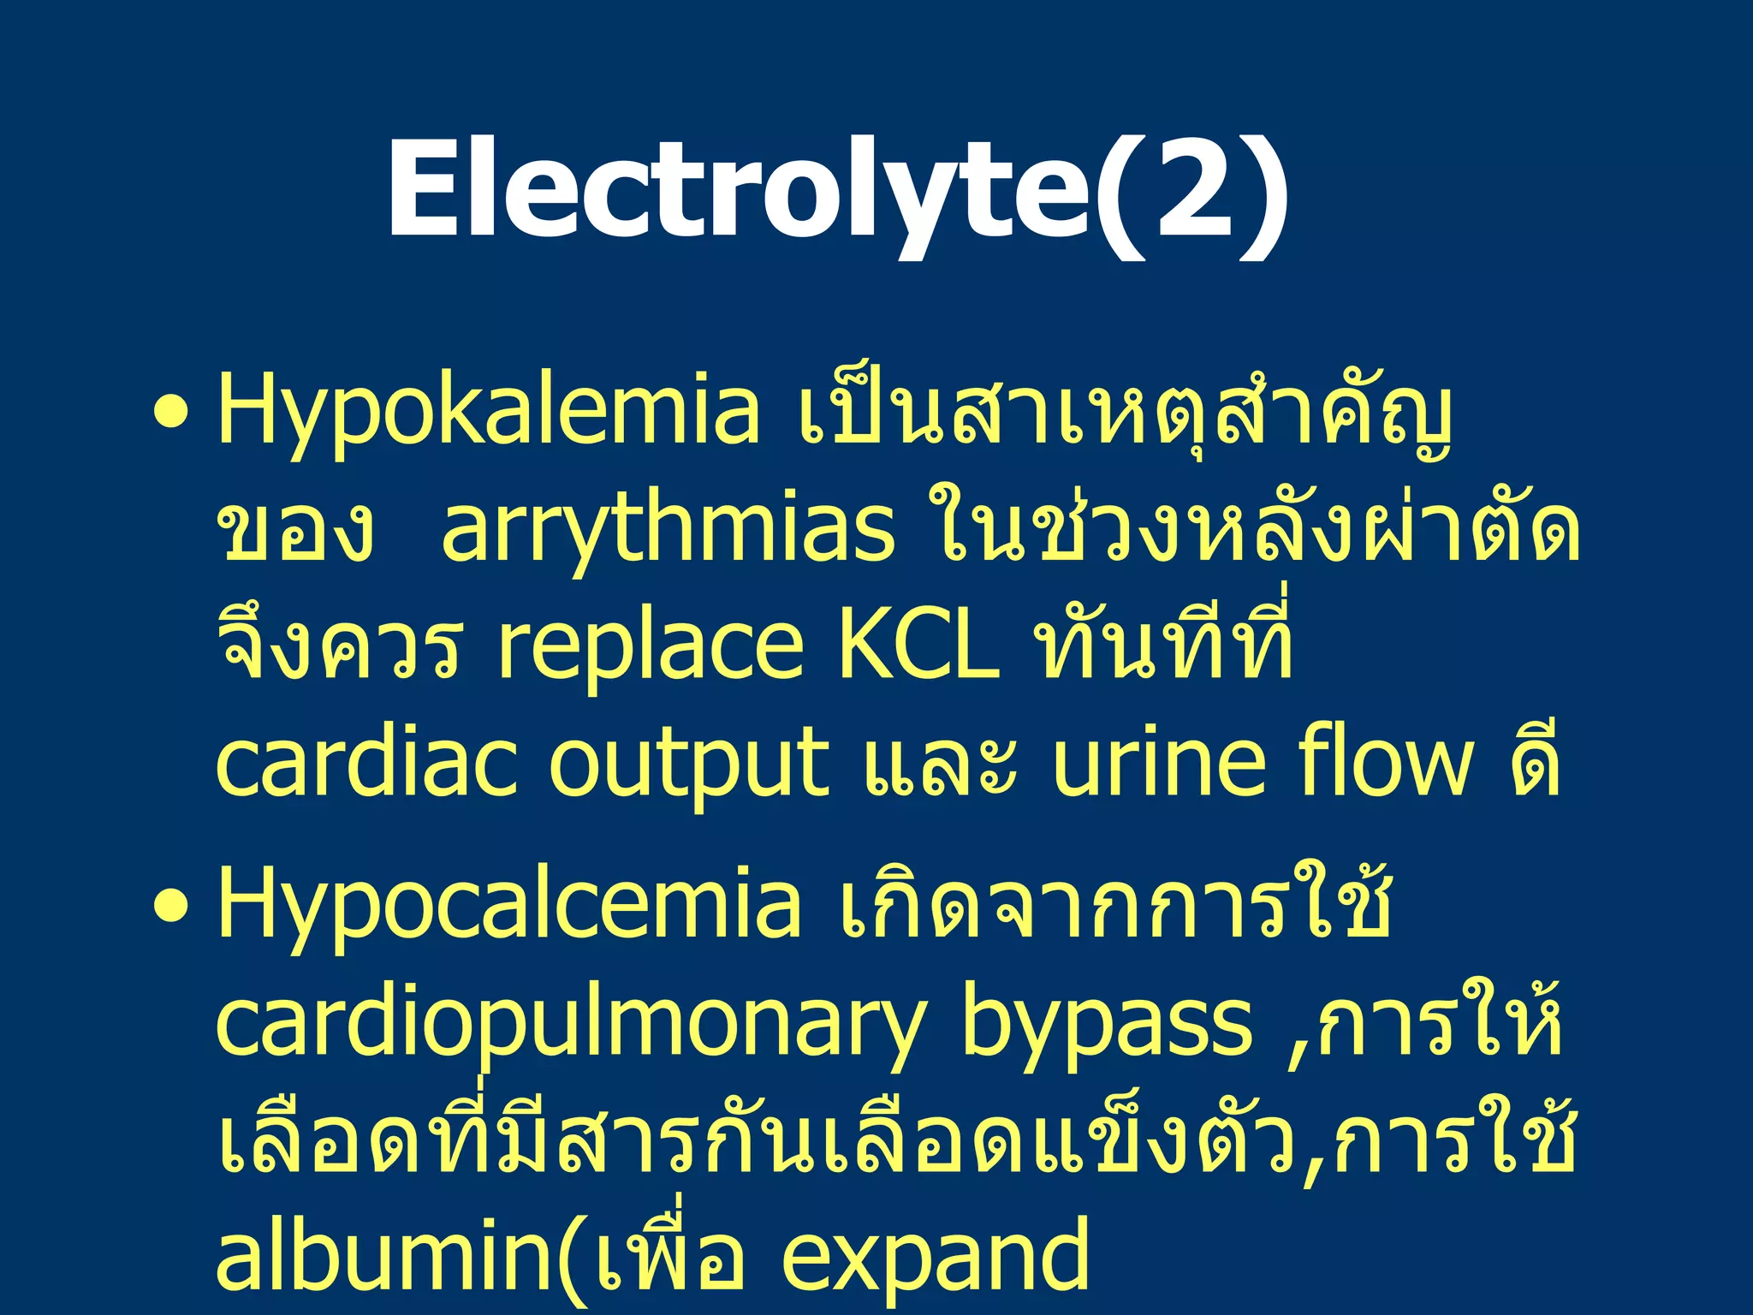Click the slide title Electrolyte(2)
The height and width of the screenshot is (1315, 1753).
[x=837, y=190]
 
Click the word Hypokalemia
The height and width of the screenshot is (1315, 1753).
[x=488, y=411]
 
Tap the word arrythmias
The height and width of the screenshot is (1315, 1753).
[x=668, y=531]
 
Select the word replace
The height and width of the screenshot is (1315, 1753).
[x=651, y=649]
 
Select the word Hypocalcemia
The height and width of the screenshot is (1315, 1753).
[x=509, y=906]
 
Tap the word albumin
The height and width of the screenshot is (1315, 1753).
[x=385, y=1254]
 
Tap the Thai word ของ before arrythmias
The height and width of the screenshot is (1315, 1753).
[x=295, y=531]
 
